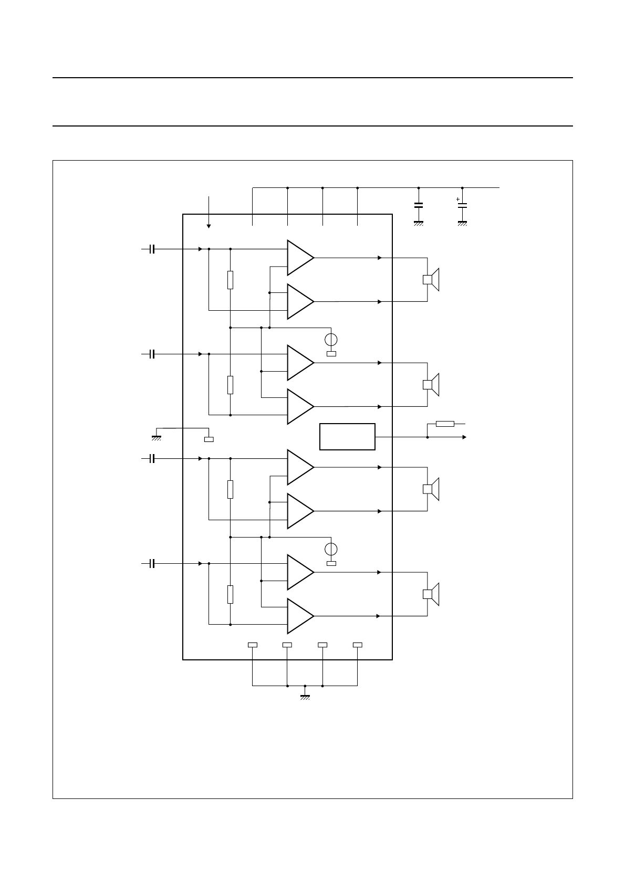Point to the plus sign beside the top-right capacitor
tap(457, 199)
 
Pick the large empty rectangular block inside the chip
tap(347, 436)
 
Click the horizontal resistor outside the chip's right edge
tap(445, 424)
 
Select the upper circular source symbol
tap(331, 339)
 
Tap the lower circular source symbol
tap(331, 549)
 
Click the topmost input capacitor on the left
tap(152, 249)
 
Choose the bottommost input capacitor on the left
tap(152, 564)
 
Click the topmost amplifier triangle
tap(298, 258)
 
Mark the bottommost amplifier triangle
tap(298, 616)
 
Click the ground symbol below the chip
tap(305, 697)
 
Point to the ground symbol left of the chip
tap(156, 437)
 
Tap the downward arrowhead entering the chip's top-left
tap(209, 226)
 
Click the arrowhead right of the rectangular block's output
tap(464, 437)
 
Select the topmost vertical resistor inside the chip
tap(230, 280)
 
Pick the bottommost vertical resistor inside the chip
tap(230, 595)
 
